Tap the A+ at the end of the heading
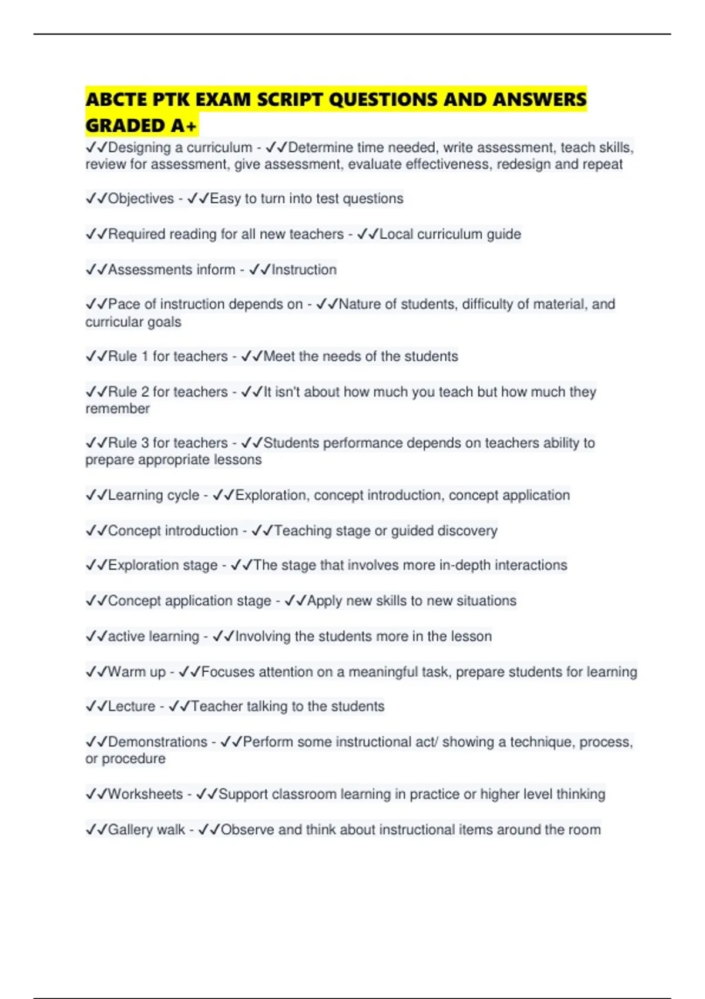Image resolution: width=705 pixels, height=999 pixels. (x=184, y=125)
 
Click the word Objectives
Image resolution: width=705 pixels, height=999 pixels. (x=141, y=199)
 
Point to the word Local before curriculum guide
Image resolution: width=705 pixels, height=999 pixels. (x=397, y=234)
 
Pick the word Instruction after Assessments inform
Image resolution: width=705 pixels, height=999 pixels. (x=304, y=270)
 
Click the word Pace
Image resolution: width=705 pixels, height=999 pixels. (x=124, y=304)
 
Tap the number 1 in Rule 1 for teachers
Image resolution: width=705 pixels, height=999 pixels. (x=145, y=356)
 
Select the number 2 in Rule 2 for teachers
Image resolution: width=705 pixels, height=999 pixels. (x=145, y=391)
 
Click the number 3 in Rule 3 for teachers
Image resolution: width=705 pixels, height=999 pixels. (x=145, y=442)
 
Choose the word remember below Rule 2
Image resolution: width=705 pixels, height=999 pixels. (x=117, y=408)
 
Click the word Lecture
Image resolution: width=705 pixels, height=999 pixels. (x=132, y=706)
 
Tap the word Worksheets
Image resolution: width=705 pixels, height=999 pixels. (x=145, y=794)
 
